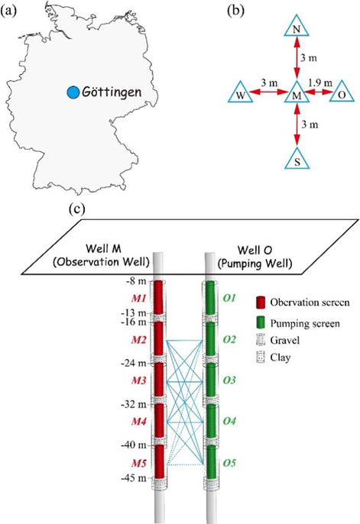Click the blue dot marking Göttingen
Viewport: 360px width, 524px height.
coord(73,92)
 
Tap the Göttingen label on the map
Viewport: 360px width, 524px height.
coord(112,92)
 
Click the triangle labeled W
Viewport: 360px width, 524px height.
coord(239,93)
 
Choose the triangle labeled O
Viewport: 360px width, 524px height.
coord(342,93)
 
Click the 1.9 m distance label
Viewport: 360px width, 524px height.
coord(320,82)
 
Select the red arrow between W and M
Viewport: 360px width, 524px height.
coord(269,92)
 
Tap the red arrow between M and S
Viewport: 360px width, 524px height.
coord(297,125)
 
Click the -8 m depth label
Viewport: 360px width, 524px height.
coord(136,281)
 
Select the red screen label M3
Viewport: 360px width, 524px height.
coord(138,380)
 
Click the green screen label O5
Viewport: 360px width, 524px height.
coord(229,463)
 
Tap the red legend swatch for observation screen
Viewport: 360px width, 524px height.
coord(261,302)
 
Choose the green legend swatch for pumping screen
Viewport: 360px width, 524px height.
coord(261,323)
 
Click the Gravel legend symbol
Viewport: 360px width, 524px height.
coord(261,341)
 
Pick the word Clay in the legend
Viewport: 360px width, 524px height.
coord(281,357)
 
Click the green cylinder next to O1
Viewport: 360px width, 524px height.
coord(210,297)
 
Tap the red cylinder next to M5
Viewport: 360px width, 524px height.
coord(160,461)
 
